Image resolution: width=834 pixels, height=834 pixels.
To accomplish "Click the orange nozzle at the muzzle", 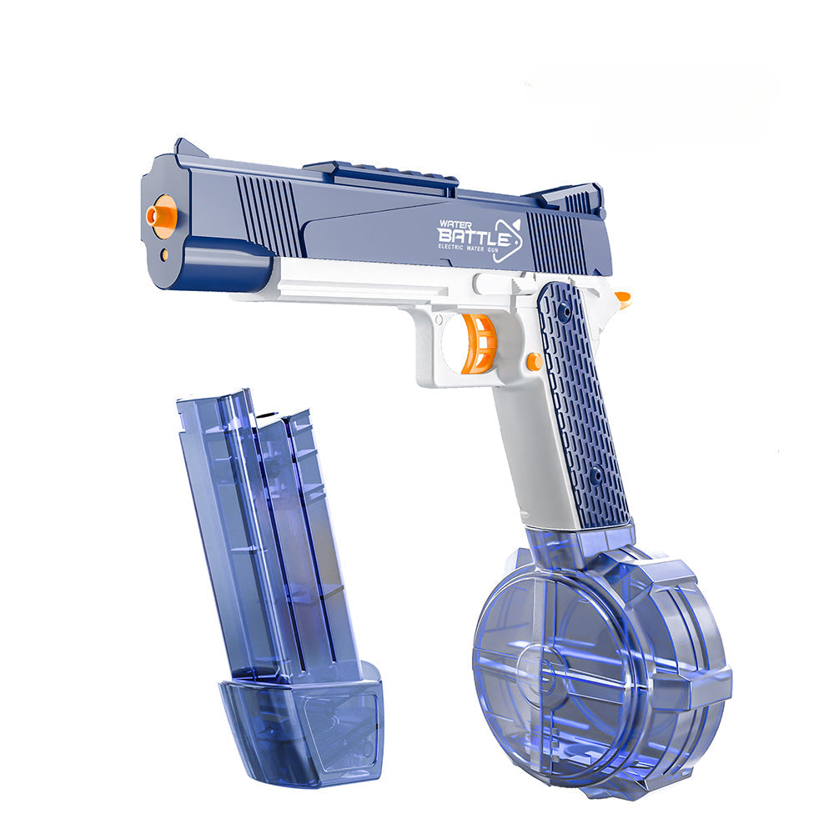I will click(x=161, y=214).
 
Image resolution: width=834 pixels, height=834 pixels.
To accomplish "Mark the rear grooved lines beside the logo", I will click(x=556, y=242).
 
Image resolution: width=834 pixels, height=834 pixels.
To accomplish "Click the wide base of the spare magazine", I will click(x=300, y=726).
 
